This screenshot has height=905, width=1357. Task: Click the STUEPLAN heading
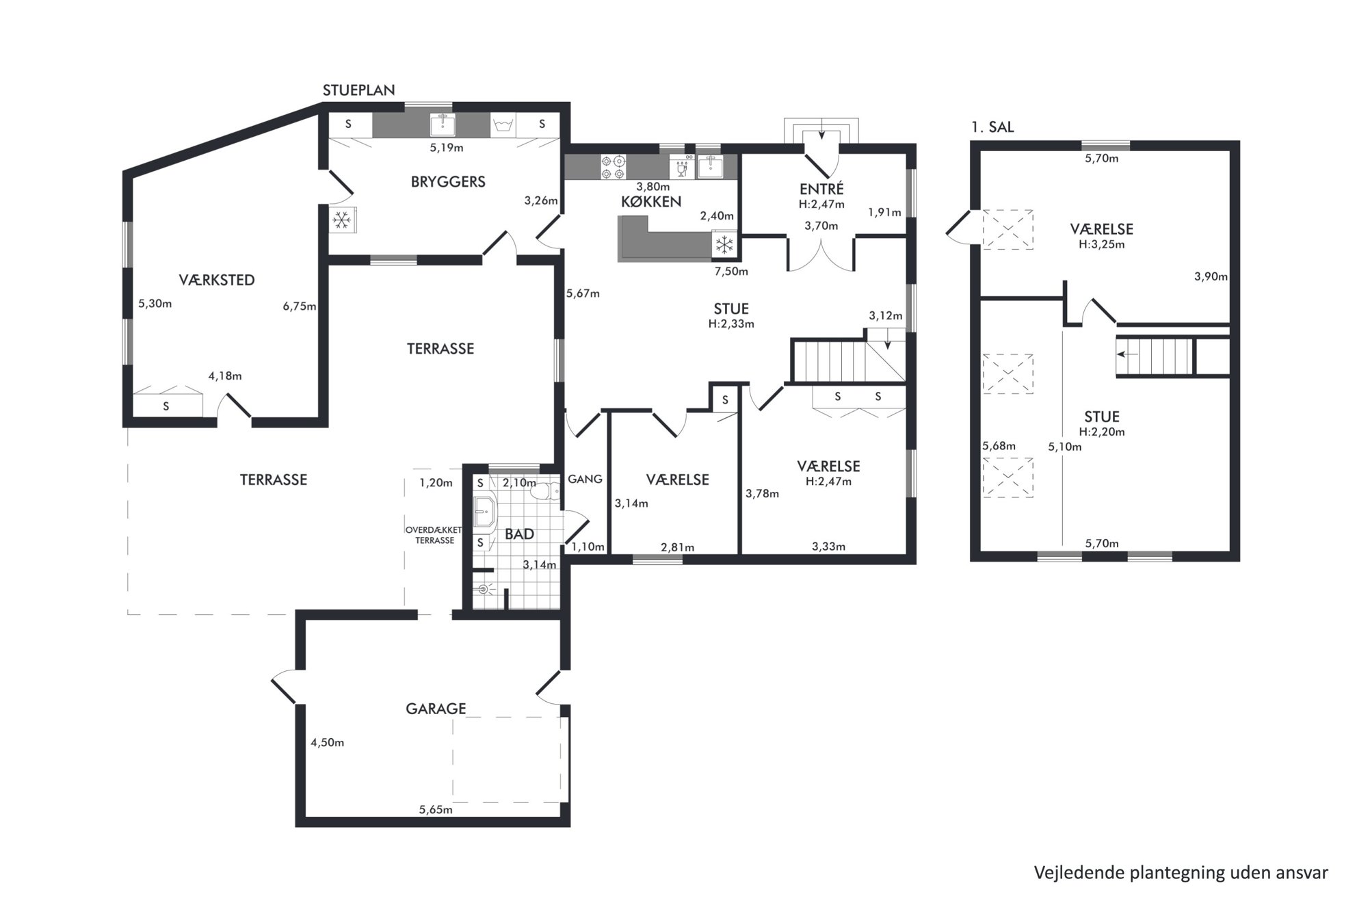(358, 90)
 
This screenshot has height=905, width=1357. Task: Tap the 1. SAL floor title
(992, 127)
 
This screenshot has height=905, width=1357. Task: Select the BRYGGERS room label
(448, 182)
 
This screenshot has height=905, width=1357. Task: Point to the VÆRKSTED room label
(217, 280)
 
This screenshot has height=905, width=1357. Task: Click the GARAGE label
(436, 709)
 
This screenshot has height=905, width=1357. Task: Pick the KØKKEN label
(651, 202)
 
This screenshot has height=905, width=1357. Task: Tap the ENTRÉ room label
(821, 189)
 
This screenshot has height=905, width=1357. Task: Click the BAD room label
(519, 534)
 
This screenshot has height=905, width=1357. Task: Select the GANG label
(585, 480)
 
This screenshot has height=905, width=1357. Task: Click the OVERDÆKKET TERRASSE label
(434, 535)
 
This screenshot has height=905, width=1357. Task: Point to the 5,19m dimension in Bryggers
(446, 148)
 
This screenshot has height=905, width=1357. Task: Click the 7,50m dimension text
(731, 272)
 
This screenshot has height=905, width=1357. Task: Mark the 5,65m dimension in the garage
(436, 810)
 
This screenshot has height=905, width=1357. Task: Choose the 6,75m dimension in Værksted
(300, 306)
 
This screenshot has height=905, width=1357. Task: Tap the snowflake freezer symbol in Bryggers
(341, 220)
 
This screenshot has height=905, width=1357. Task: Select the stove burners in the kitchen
(613, 168)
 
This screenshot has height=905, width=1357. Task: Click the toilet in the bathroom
(546, 492)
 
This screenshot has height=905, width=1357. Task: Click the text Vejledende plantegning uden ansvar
(1181, 873)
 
